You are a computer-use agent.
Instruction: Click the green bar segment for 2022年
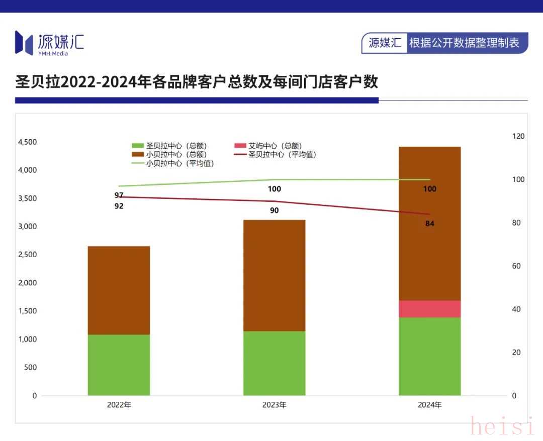pos(119,365)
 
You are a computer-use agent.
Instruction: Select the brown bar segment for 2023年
pos(274,275)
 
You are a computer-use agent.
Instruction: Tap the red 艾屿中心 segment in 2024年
pos(429,309)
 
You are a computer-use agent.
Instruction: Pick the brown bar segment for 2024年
pos(429,224)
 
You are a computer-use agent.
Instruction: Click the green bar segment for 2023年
pos(274,363)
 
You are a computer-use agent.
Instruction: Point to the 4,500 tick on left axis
pos(27,142)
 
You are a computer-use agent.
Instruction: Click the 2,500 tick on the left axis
pos(27,255)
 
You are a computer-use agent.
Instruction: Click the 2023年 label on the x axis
pos(274,405)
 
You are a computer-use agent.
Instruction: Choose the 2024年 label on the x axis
pos(429,405)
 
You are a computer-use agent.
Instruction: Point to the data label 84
pos(429,224)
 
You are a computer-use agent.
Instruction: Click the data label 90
pos(274,210)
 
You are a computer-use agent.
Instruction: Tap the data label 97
pos(119,195)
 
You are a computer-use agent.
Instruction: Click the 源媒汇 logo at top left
pos(49,43)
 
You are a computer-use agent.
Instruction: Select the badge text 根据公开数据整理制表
pos(464,43)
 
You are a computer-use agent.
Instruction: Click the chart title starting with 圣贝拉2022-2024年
pos(197,82)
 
